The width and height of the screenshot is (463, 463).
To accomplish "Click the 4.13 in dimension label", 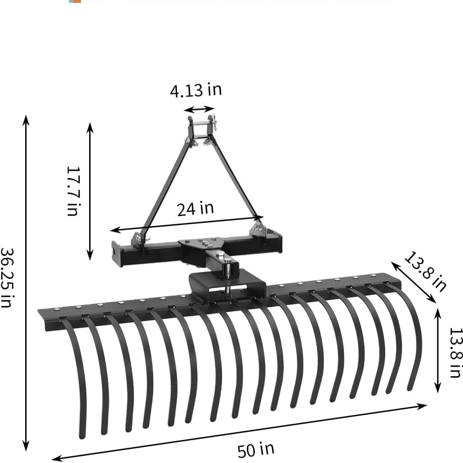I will [196, 90].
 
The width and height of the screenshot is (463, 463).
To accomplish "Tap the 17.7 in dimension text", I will [73, 190].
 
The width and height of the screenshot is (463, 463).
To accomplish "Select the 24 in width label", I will [195, 209].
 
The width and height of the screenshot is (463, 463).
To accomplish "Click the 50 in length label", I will [256, 449].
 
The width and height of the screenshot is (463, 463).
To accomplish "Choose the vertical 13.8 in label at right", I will [454, 352].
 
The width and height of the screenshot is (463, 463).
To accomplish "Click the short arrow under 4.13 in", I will [199, 109].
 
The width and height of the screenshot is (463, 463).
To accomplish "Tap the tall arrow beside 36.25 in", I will [26, 283].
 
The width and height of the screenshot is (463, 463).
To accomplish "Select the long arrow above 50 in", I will [240, 432].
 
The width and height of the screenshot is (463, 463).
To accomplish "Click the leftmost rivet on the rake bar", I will [57, 309].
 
